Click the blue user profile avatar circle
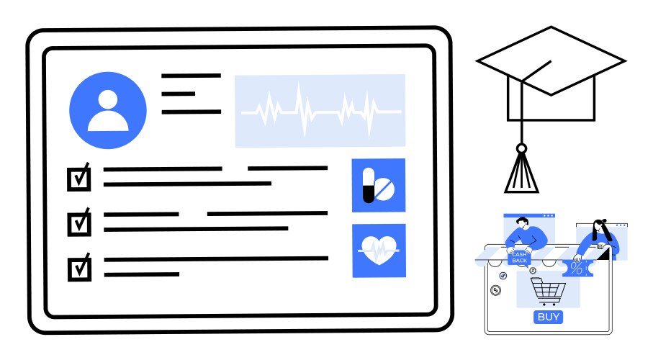coord(108,110)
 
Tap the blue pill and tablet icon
coord(379,186)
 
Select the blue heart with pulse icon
coord(379,251)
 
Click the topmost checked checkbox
coord(79,178)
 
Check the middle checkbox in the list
coord(79,223)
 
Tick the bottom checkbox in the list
coord(79,268)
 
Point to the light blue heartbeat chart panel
coord(320,111)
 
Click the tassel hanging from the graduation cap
coord(521,174)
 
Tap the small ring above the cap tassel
coord(521,148)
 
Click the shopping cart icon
coord(548,292)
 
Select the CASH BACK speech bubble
coord(519,258)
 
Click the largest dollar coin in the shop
coord(495,290)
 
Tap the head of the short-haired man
coord(522,223)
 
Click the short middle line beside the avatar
coord(179,94)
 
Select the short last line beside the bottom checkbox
coord(142,274)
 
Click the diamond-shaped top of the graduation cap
coord(551,60)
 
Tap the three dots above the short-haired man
coord(549,216)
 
